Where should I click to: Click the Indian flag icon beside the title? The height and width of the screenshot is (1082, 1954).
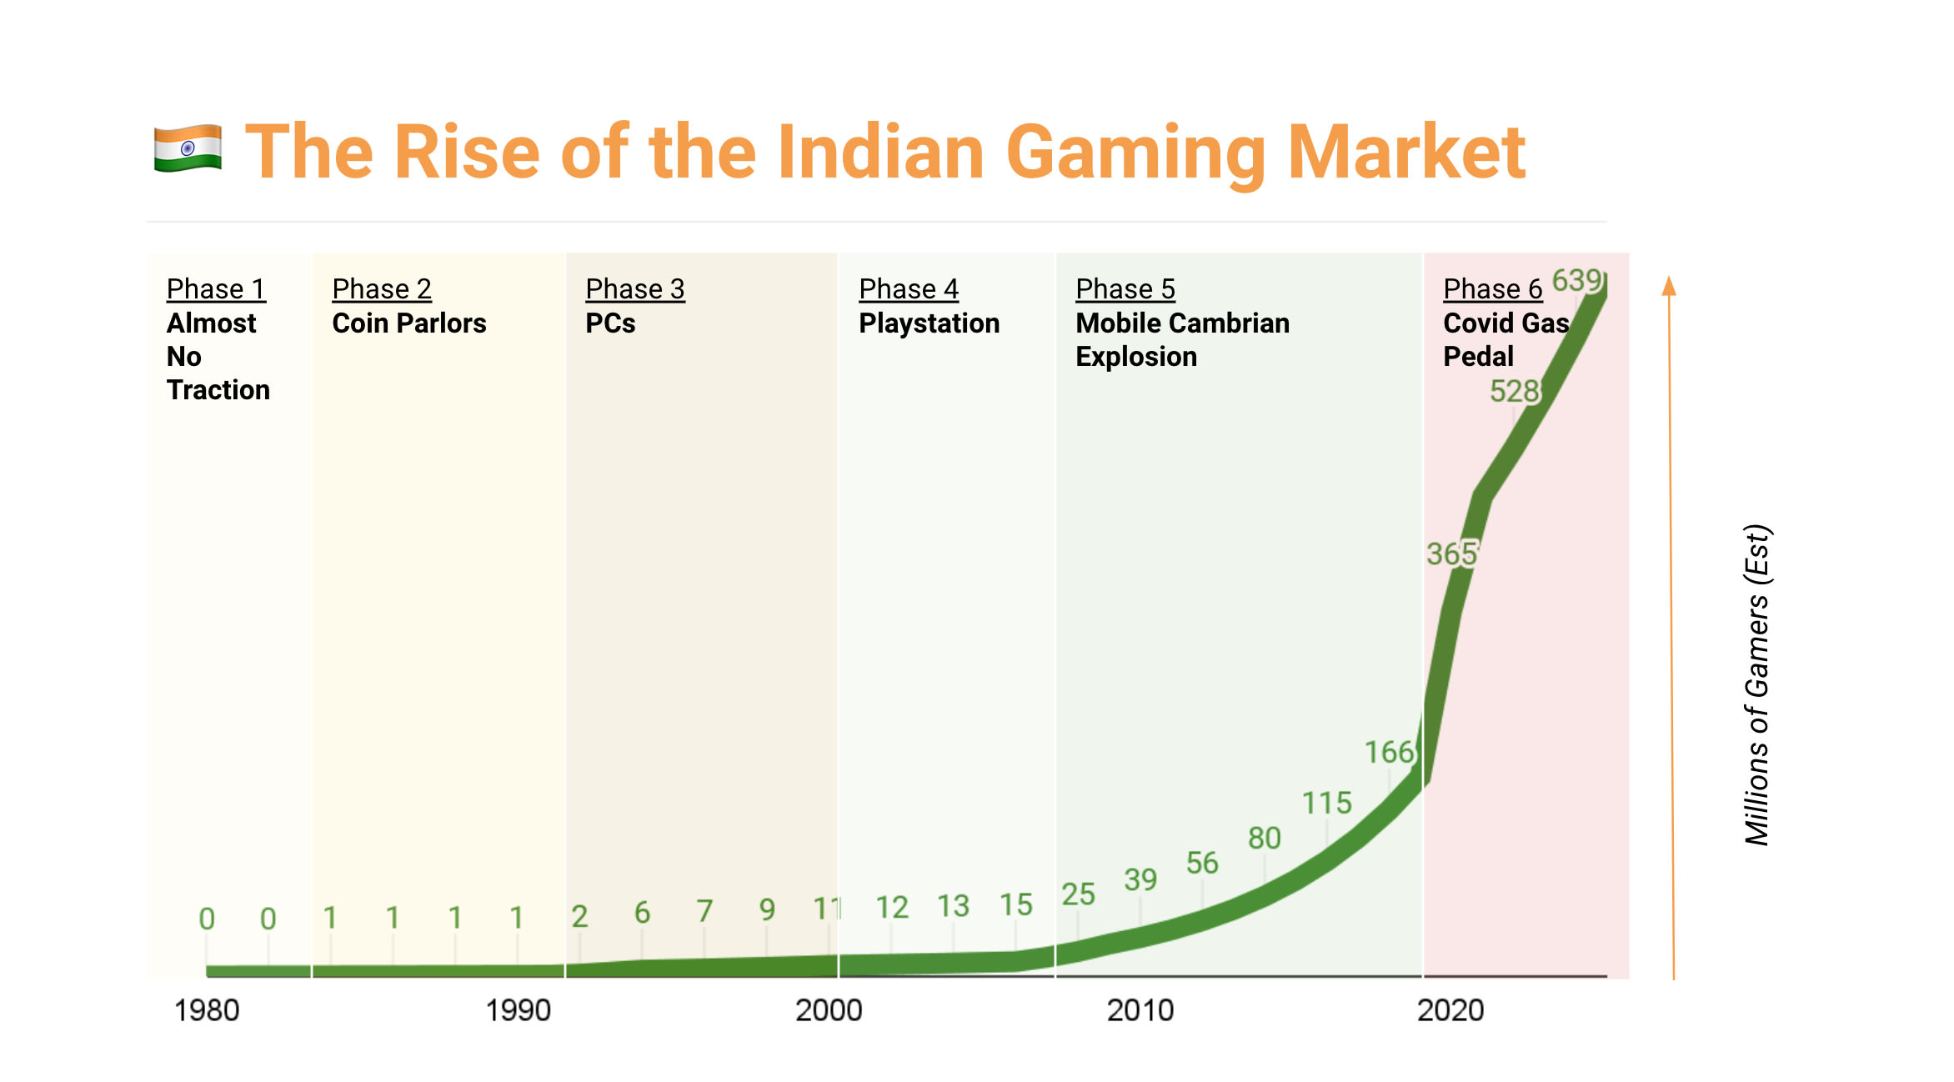tap(188, 148)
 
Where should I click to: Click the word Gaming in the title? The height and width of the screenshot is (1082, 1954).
tap(1136, 153)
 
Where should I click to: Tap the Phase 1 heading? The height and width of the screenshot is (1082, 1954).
tap(216, 289)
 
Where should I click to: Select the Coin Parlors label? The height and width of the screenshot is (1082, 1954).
tap(408, 323)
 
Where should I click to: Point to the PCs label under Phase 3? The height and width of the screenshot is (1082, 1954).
tap(610, 323)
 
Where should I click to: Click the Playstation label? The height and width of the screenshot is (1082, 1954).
tap(929, 323)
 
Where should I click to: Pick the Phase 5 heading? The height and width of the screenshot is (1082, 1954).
tap(1125, 289)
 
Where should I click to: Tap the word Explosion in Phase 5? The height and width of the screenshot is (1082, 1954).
tap(1135, 357)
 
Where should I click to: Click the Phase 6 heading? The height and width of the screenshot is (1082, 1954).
tap(1492, 289)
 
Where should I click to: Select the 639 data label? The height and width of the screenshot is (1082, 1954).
tap(1576, 280)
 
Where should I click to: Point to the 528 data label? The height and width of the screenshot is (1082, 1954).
tap(1514, 391)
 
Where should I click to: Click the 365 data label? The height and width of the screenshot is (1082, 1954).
tap(1451, 554)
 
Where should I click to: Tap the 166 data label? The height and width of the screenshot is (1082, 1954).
tap(1389, 752)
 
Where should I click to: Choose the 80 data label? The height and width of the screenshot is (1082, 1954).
tap(1264, 838)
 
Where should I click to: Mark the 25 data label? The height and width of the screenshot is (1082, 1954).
tap(1078, 894)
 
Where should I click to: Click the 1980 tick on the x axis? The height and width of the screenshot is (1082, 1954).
tap(206, 1010)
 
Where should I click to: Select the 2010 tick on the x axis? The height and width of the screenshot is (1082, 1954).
tap(1140, 1010)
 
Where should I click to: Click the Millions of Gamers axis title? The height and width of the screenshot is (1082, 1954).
tap(1757, 684)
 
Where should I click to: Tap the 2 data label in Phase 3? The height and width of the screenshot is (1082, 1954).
tap(579, 916)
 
